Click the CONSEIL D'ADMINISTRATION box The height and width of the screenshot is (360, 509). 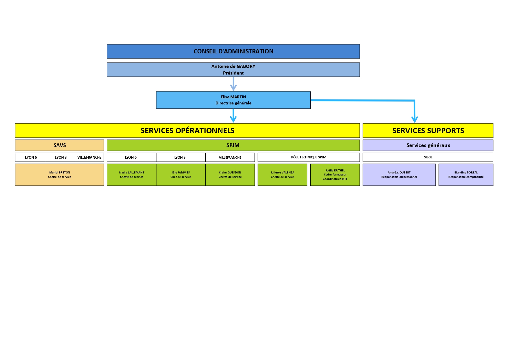[233, 51]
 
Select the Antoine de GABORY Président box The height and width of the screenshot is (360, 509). [233, 70]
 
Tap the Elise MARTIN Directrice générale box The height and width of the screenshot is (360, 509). [233, 100]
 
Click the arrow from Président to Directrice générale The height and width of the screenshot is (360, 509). [233, 84]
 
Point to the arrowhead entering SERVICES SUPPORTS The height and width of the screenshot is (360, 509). [414, 120]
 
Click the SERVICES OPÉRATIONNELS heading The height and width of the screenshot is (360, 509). [187, 131]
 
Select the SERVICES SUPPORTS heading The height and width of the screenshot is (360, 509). [428, 131]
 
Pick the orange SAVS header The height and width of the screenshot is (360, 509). [59, 145]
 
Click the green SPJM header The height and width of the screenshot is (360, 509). [233, 145]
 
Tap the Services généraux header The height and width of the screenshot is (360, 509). [428, 145]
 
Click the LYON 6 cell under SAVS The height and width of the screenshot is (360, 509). [31, 157]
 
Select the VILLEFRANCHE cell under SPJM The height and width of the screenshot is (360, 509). [230, 157]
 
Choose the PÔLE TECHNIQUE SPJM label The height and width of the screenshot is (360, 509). [309, 157]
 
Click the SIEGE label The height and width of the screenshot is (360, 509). [428, 157]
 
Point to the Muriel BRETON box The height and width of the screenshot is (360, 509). [59, 175]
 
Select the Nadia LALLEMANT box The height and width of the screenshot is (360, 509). [132, 175]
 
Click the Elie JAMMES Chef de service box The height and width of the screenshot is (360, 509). [181, 175]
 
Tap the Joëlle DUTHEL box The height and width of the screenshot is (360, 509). [335, 175]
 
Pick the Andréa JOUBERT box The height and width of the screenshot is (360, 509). [399, 175]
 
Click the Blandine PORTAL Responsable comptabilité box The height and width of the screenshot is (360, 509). [466, 175]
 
